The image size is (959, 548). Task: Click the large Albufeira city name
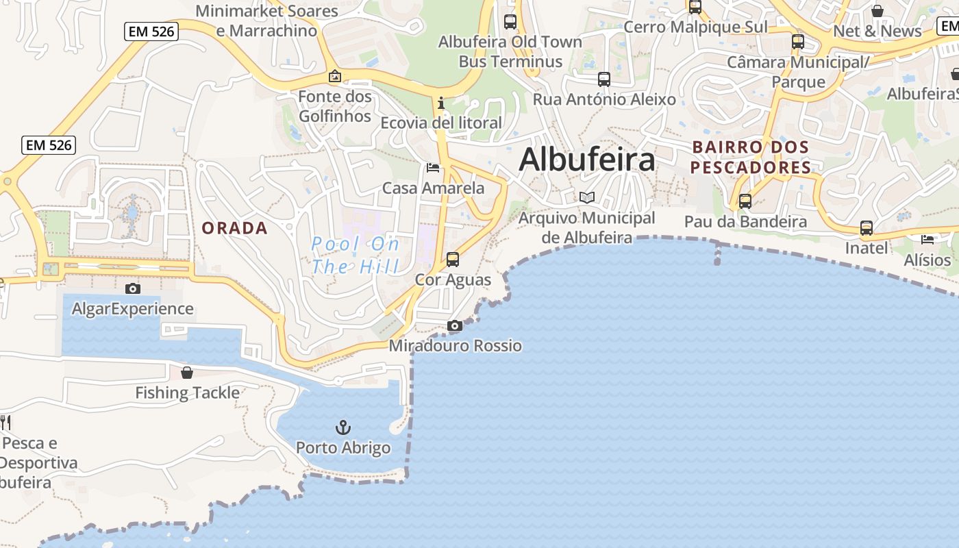pos(587,160)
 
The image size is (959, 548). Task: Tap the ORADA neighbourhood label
pos(234,228)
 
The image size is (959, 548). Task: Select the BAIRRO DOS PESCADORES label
pos(750,157)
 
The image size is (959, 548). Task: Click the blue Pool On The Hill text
pos(355,255)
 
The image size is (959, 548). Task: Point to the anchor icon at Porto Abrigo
pos(343,427)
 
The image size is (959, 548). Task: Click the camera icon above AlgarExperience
pos(133,288)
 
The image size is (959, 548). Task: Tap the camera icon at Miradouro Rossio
pos(454,325)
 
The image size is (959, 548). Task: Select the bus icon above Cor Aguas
pos(452,260)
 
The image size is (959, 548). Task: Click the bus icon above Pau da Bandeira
pos(745,201)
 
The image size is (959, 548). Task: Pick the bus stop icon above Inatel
pos(866,227)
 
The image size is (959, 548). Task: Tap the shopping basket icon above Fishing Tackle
pos(186,373)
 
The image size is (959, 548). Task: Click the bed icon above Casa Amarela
pos(432,167)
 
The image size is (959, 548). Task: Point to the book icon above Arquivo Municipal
pos(586,197)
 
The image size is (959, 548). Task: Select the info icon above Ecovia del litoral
pos(441,103)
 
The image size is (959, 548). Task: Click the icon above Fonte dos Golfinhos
pos(334,76)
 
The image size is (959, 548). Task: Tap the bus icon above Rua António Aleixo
pos(603,79)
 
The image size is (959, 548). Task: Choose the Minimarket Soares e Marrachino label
pos(267,21)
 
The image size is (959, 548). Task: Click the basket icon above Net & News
pos(877,11)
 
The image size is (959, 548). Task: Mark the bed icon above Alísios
pos(927,239)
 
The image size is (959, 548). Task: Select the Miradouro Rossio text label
pos(455,346)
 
